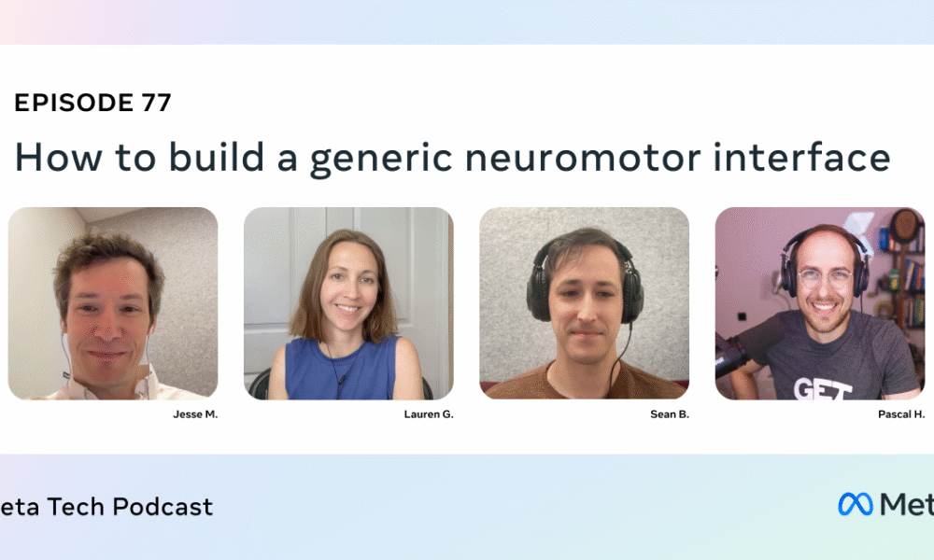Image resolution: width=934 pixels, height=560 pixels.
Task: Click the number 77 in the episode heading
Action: click(156, 103)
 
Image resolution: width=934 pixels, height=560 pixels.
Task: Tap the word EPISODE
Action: click(74, 103)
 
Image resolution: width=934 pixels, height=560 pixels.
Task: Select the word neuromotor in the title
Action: click(583, 157)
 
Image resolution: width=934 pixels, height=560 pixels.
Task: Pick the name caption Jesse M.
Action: click(195, 414)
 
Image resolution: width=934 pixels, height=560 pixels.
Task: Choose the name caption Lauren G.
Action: click(429, 414)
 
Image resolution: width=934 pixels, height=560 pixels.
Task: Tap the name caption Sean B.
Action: click(670, 414)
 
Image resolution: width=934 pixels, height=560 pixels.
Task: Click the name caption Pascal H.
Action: click(901, 414)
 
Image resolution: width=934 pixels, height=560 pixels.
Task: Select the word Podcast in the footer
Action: click(163, 507)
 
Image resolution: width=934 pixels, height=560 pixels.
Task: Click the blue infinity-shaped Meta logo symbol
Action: click(856, 504)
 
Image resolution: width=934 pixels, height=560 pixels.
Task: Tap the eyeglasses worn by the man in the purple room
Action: click(825, 278)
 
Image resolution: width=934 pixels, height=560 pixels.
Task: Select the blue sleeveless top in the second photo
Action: click(341, 368)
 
